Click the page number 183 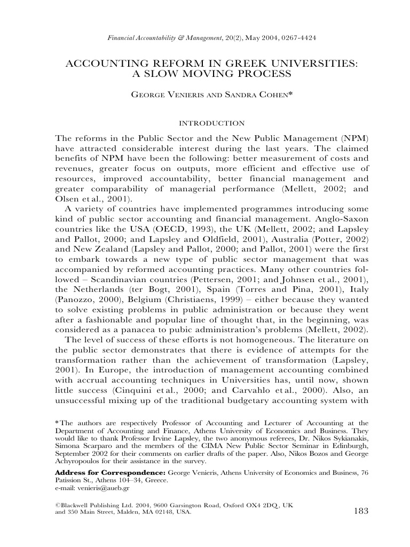[361, 511]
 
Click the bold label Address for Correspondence [111, 473]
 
